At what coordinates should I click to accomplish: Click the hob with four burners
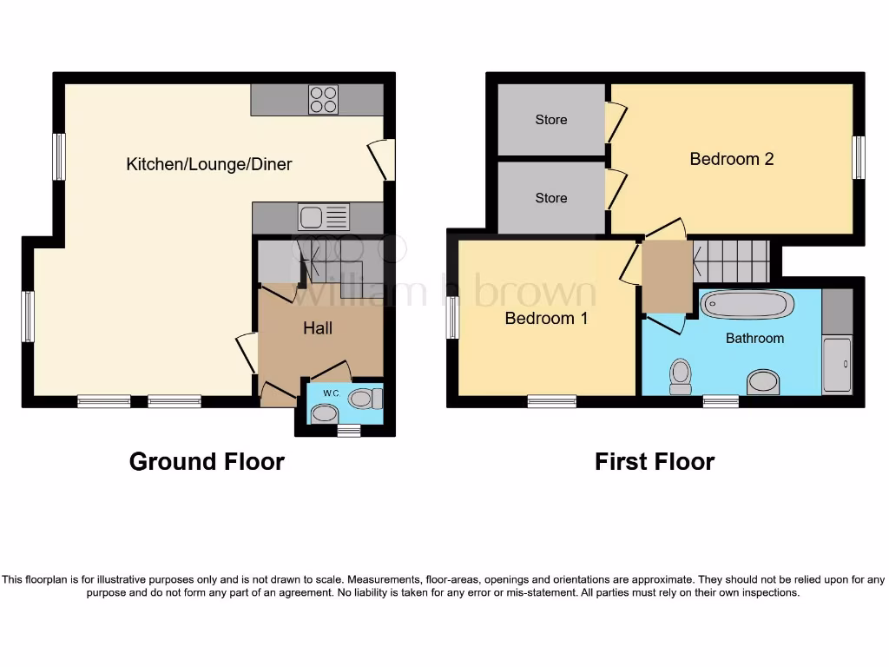tap(323, 100)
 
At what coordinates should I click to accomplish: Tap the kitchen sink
tap(323, 216)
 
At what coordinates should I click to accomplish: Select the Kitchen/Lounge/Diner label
tap(209, 164)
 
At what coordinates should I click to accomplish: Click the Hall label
tap(318, 328)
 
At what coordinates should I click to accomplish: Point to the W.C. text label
tap(332, 393)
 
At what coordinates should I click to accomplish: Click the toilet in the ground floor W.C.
tap(364, 399)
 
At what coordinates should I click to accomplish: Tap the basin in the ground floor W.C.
tap(325, 414)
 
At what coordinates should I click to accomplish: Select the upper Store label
tap(551, 120)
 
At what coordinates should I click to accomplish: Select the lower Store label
tap(551, 198)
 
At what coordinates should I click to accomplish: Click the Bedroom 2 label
tap(731, 159)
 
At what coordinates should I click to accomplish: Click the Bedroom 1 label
tap(546, 319)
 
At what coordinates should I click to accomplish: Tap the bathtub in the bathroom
tap(747, 305)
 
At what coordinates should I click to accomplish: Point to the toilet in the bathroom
tap(680, 375)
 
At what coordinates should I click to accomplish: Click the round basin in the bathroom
tap(763, 382)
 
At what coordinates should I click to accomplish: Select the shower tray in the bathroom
tap(837, 366)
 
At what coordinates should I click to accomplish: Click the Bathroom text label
tap(754, 339)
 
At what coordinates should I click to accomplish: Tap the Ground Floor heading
tap(207, 461)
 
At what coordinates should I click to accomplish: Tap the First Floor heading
tap(654, 461)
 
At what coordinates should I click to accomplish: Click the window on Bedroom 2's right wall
tap(858, 157)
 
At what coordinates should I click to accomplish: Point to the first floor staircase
tap(731, 261)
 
